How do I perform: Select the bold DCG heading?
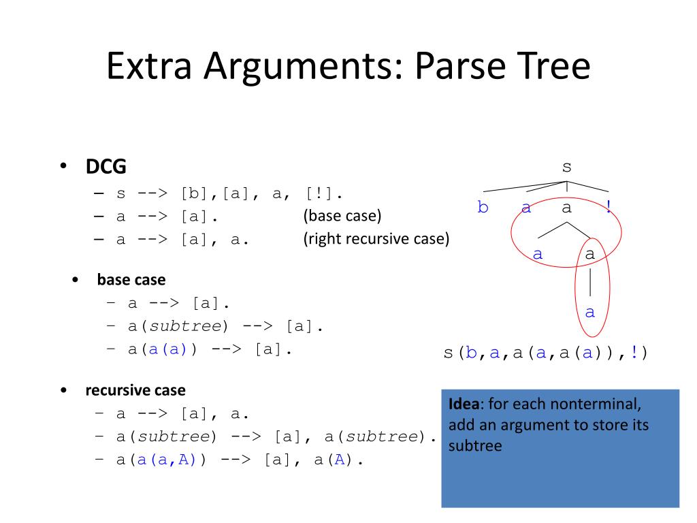(106, 167)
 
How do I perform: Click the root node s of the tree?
(566, 168)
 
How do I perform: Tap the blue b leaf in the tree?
(483, 208)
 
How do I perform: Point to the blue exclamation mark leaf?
(609, 208)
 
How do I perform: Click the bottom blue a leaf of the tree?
(590, 313)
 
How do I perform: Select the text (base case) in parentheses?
(342, 217)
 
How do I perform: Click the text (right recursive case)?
(376, 240)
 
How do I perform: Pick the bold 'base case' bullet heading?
(131, 280)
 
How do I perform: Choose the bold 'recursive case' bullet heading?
(135, 391)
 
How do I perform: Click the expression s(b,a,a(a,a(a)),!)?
(546, 353)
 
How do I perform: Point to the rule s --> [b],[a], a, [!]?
(229, 193)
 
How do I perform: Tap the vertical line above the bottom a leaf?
(590, 283)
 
